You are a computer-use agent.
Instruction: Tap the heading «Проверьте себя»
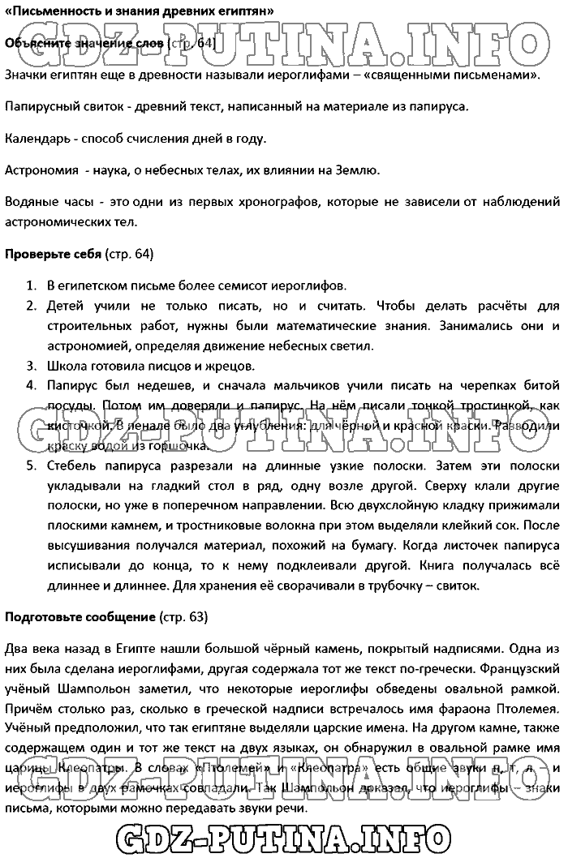[x=54, y=254]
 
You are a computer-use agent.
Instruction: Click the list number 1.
[x=30, y=286]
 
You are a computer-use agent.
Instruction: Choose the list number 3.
[x=30, y=365]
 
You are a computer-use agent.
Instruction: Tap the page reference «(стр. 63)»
[x=183, y=617]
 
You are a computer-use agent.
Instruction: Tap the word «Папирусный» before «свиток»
[x=39, y=106]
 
